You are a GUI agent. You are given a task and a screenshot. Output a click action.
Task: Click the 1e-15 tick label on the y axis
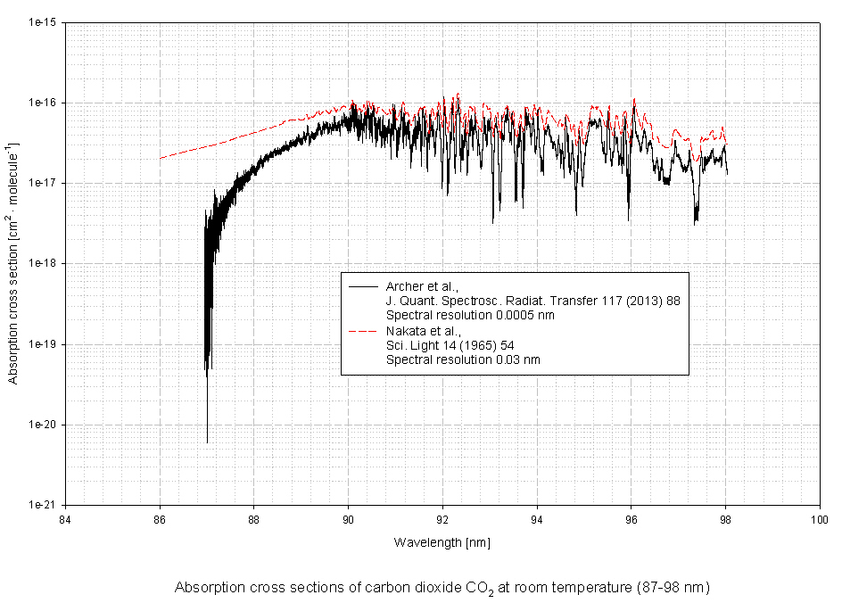coord(42,22)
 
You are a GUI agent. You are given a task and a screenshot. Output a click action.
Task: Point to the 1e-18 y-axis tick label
coord(42,264)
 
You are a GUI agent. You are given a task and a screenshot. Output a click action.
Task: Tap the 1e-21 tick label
coord(42,505)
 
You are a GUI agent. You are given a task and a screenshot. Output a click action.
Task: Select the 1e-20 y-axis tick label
coord(42,425)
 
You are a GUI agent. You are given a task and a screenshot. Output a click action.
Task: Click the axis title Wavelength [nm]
coord(442,541)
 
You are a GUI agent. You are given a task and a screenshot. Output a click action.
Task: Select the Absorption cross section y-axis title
coord(13,263)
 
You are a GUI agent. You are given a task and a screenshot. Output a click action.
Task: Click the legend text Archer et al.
coord(422,286)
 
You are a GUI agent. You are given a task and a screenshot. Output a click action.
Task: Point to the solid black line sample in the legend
coord(364,286)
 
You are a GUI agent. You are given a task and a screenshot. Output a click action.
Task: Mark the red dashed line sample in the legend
coord(364,331)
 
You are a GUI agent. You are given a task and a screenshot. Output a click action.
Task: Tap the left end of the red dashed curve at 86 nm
coord(161,159)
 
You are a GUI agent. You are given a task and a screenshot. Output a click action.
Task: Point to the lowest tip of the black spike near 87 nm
coord(207,442)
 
